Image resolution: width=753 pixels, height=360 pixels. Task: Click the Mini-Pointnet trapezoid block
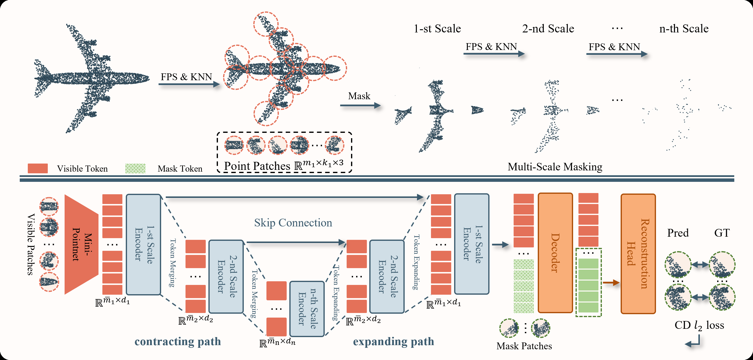pos(81,244)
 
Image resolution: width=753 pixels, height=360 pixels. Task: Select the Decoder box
pos(555,253)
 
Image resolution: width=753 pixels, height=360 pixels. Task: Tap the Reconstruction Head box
pos(638,254)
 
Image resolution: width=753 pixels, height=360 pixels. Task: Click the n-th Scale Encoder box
pos(307,309)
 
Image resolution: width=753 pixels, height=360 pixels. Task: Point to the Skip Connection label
pos(293,223)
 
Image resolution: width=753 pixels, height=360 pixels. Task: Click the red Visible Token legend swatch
pos(38,168)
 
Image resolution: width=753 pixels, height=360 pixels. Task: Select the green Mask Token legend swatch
pos(135,168)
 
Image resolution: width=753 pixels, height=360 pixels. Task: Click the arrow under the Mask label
pos(360,106)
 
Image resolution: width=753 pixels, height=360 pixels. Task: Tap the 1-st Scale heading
pos(437,29)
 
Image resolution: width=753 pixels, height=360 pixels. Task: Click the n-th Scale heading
pos(684,29)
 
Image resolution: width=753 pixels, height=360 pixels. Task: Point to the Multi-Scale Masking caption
pos(555,166)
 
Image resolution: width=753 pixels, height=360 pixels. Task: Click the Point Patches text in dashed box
pos(257,166)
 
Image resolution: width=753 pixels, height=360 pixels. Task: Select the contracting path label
pos(178,341)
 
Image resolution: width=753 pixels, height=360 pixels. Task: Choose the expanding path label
pos(393,341)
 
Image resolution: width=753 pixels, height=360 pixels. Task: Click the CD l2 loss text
pos(699,325)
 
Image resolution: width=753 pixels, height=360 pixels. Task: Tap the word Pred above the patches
pos(678,233)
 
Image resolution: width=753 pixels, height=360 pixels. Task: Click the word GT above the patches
pos(722,233)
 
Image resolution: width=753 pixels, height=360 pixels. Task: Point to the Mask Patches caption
pos(524,346)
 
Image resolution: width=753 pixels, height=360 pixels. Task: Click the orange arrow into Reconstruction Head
pos(611,282)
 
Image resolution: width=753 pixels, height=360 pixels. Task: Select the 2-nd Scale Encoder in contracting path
pos(226,276)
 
